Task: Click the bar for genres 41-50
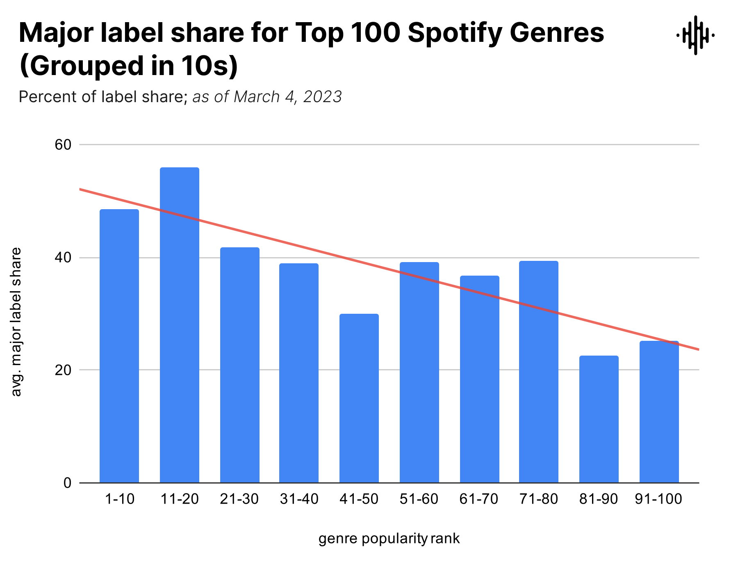(359, 398)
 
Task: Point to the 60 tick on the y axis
(63, 145)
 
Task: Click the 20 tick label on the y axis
(63, 370)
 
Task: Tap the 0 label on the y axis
(67, 483)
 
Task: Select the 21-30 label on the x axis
(239, 499)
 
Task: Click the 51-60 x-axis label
(419, 499)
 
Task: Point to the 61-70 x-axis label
(479, 499)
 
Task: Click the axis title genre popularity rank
(389, 539)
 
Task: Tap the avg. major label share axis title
(16, 322)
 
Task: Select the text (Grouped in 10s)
(128, 66)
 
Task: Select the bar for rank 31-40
(299, 373)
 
